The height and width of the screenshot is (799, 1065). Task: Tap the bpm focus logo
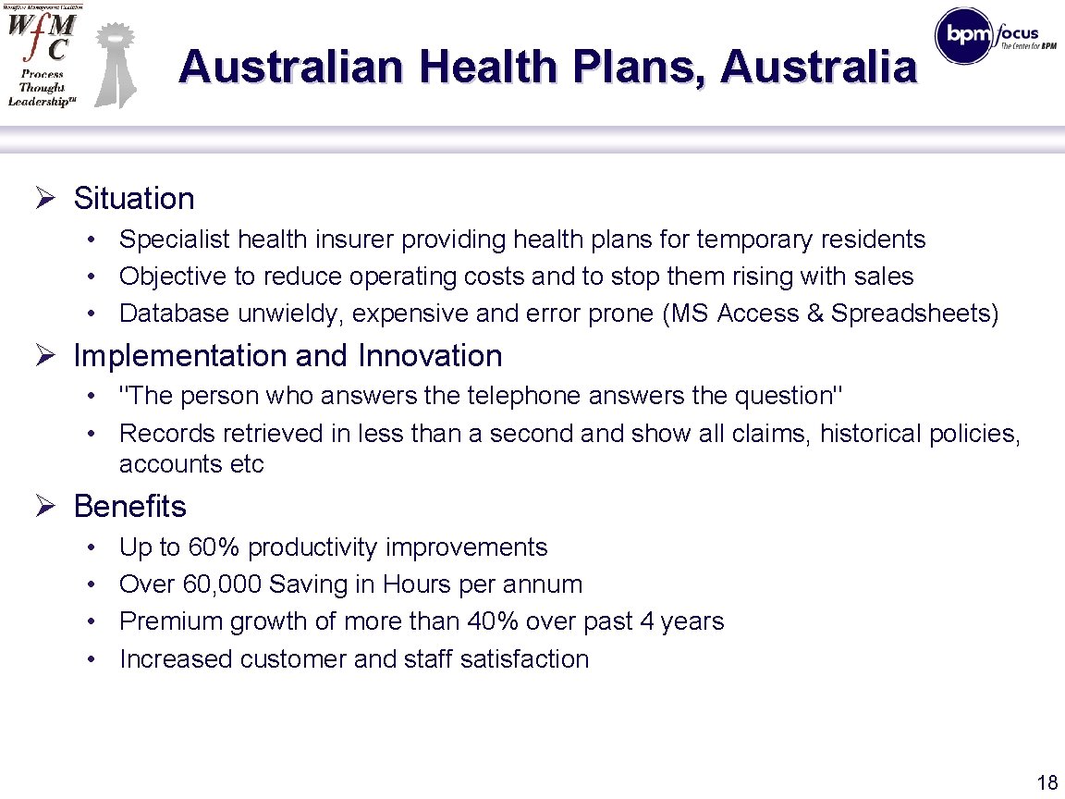(986, 35)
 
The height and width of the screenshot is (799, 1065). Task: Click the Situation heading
(134, 199)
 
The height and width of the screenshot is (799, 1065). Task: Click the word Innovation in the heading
(430, 356)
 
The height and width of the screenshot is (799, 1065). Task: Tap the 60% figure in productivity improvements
(214, 547)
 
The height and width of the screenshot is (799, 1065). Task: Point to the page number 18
(1047, 783)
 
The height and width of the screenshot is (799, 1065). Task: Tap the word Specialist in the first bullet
(175, 240)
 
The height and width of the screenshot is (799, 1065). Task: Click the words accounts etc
(191, 464)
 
